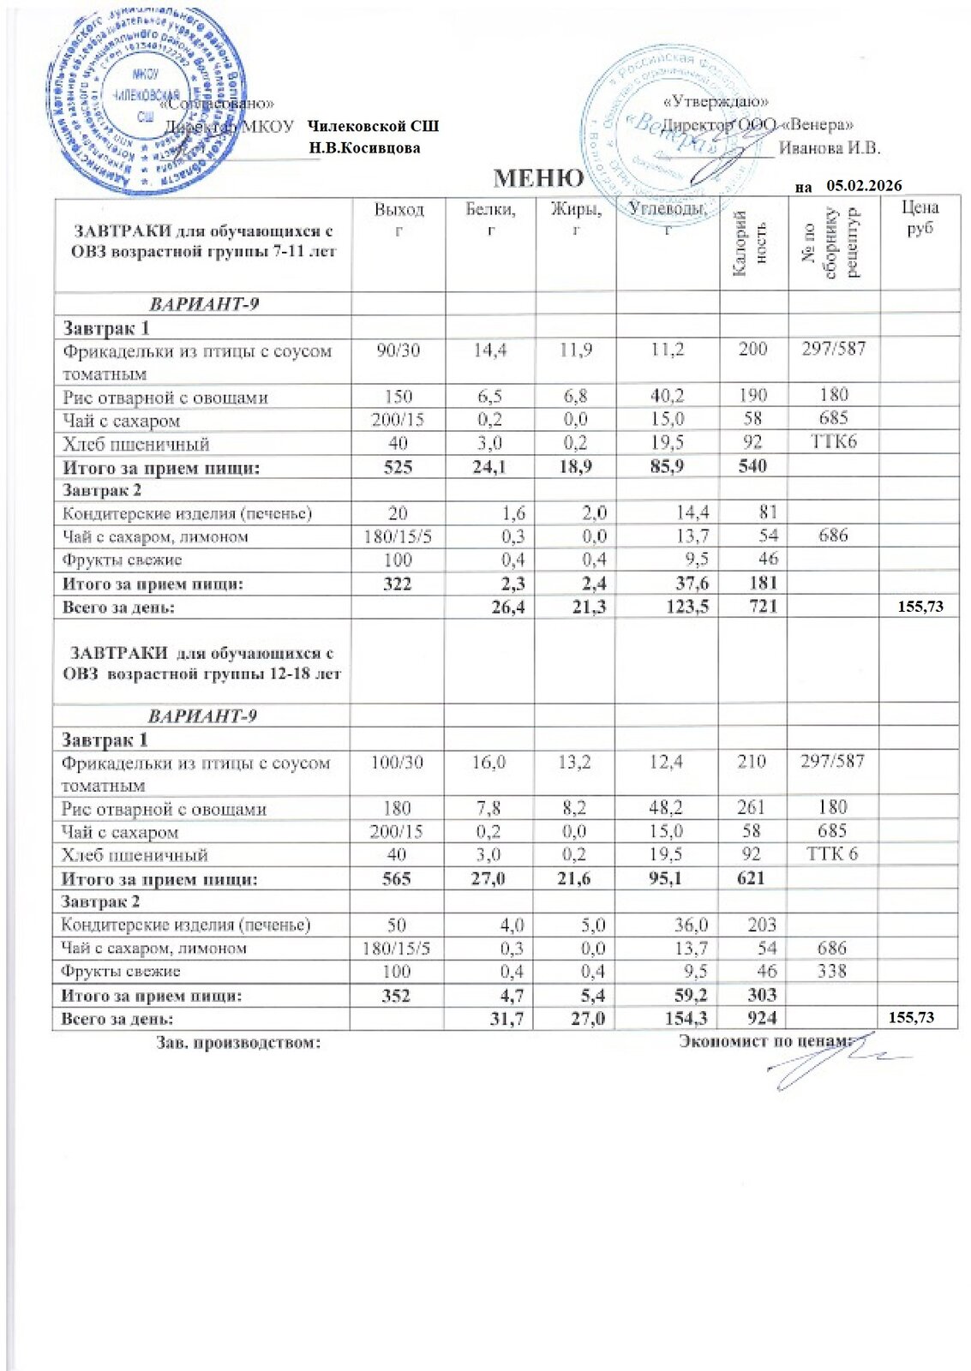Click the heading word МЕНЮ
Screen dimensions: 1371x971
click(539, 178)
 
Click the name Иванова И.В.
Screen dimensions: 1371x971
click(830, 147)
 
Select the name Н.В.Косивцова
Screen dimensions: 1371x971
click(365, 147)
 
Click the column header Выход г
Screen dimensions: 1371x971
click(399, 219)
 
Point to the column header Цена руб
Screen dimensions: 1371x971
click(919, 218)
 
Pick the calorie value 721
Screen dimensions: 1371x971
click(751, 607)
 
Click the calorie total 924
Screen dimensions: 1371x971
click(751, 1018)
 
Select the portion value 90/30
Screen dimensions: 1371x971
click(398, 350)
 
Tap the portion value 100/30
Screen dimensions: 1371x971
click(398, 762)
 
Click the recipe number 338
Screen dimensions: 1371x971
click(832, 971)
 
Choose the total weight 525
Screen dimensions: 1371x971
click(399, 467)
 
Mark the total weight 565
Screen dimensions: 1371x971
click(398, 878)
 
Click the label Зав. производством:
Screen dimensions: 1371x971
click(238, 1042)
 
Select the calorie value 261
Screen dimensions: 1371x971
click(751, 808)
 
